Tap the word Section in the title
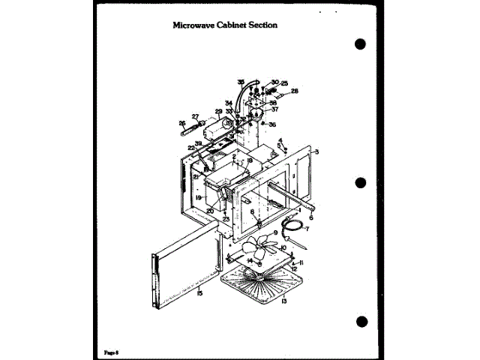[x=262, y=24]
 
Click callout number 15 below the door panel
[x=199, y=293]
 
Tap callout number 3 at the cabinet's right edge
[x=317, y=152]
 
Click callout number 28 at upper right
[x=295, y=91]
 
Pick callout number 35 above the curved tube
[x=241, y=81]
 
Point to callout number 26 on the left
[x=182, y=123]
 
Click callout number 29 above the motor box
[x=219, y=112]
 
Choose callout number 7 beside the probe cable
[x=306, y=228]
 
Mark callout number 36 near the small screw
[x=272, y=124]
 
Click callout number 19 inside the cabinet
[x=199, y=198]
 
